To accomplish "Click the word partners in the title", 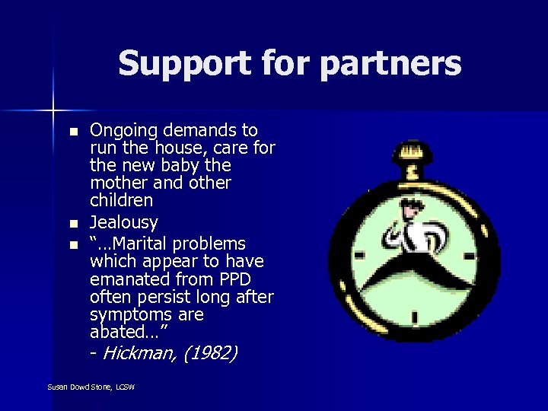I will (x=390, y=64).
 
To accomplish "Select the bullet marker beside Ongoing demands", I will (x=74, y=132).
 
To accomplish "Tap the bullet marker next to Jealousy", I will (x=74, y=225).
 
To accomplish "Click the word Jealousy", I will (x=123, y=223).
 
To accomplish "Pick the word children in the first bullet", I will (x=122, y=201).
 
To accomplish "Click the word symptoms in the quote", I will (x=127, y=314).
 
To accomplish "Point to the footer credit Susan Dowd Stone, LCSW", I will (x=91, y=387).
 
